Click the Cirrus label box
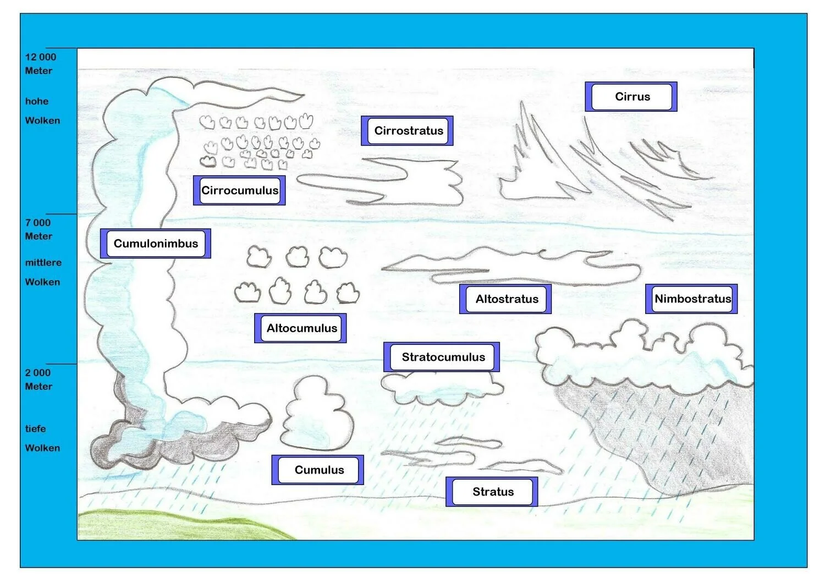point(631,97)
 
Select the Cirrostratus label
point(408,131)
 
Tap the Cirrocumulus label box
point(239,190)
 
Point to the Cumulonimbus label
point(156,244)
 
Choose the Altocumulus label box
point(301,328)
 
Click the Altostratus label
point(506,299)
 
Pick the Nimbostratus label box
point(692,299)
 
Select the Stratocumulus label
point(442,357)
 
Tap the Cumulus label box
point(318,470)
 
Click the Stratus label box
point(492,492)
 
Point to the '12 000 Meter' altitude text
point(40,64)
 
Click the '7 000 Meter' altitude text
point(38,229)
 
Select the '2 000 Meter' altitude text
point(38,380)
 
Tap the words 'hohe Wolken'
point(42,111)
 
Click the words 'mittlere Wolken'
point(43,272)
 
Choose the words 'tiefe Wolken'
point(42,438)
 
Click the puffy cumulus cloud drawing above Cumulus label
point(316,415)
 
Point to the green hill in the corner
point(165,525)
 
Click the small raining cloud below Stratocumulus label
point(440,388)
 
